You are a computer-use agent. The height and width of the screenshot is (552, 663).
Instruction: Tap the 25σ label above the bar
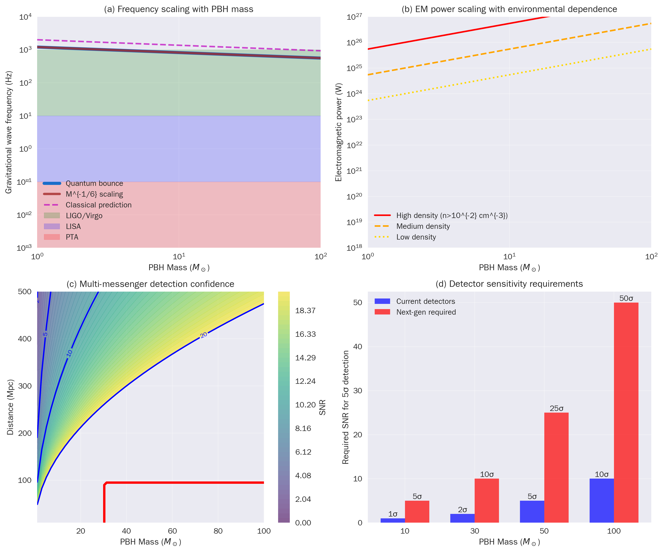click(x=556, y=408)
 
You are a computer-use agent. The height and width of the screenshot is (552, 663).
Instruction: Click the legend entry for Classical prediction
click(x=98, y=205)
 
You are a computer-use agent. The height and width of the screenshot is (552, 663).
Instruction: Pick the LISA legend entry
click(x=73, y=226)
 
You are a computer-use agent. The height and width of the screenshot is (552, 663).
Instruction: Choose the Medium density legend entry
click(x=423, y=226)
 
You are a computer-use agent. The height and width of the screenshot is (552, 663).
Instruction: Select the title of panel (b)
click(x=509, y=9)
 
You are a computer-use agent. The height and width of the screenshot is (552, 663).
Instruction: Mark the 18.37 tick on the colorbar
click(x=305, y=311)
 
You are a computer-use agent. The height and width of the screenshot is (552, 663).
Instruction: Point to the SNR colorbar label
click(x=322, y=407)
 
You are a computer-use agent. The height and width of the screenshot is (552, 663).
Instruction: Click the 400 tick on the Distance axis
click(x=25, y=339)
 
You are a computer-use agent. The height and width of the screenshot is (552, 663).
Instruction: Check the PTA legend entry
click(x=72, y=237)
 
